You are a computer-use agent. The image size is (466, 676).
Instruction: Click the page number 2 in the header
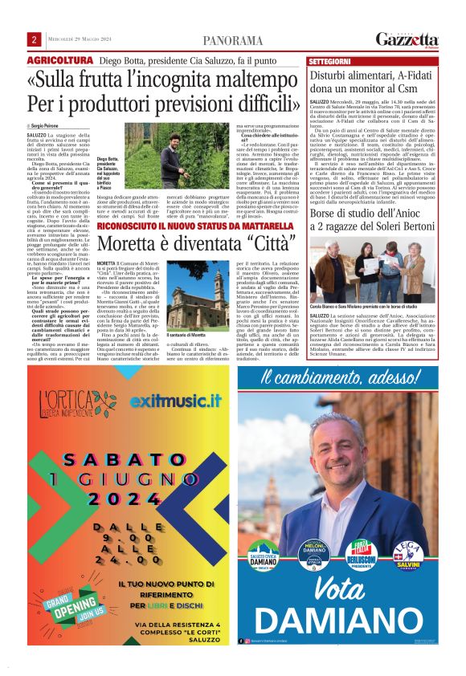coord(35,40)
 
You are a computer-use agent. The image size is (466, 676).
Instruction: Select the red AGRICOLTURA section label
coord(60,61)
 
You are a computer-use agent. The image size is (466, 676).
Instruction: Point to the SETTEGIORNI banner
coord(330,61)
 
